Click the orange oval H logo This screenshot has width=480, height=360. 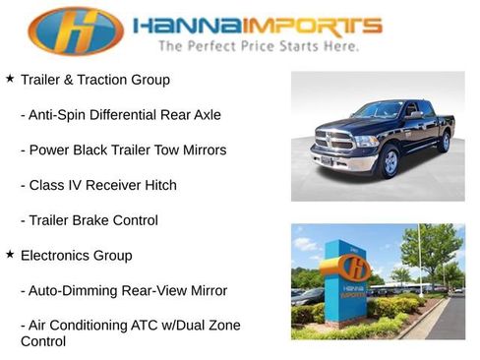[76, 30]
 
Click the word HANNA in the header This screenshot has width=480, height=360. [182, 26]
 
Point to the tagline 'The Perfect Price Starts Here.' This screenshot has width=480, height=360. [258, 45]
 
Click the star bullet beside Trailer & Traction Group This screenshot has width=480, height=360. [10, 78]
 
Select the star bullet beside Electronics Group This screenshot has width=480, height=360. [10, 254]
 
